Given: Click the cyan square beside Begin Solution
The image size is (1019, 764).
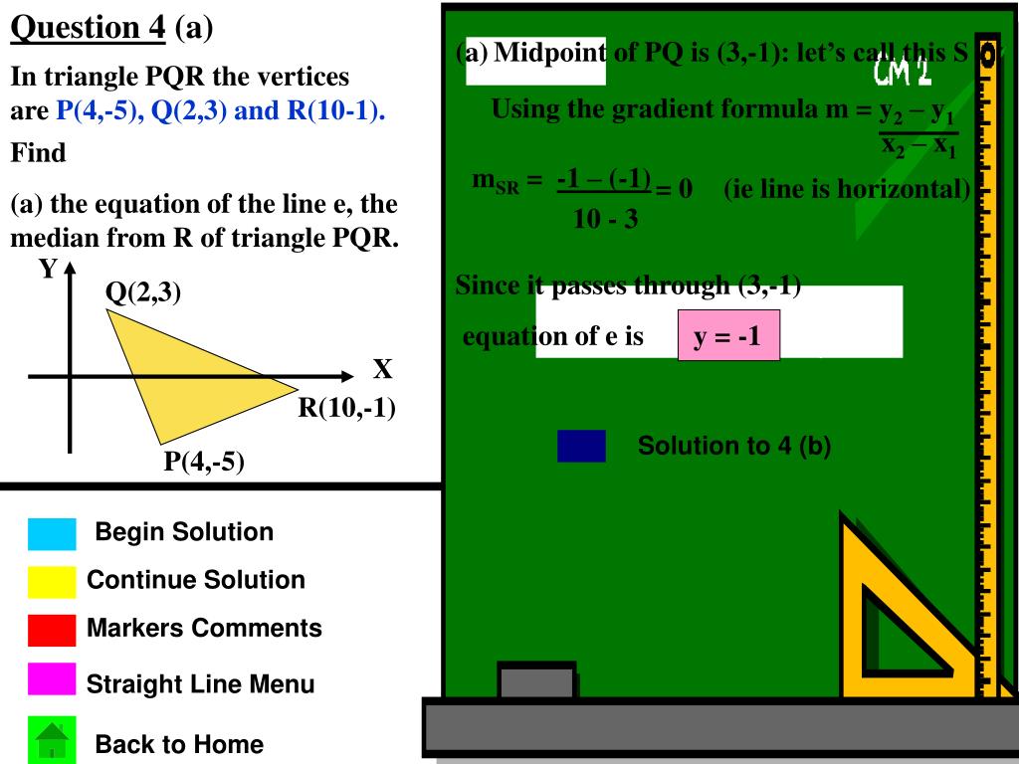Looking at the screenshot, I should pyautogui.click(x=52, y=534).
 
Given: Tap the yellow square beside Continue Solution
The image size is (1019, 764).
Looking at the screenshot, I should pyautogui.click(x=52, y=582).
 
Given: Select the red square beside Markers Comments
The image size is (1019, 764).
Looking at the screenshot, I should pyautogui.click(x=52, y=630).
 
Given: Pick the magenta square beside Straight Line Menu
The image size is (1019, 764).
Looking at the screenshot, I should pyautogui.click(x=52, y=680).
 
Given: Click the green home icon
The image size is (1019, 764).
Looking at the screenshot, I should pyautogui.click(x=52, y=741).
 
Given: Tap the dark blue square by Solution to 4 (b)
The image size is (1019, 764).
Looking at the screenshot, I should pyautogui.click(x=581, y=446).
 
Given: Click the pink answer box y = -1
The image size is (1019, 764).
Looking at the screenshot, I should pyautogui.click(x=727, y=336).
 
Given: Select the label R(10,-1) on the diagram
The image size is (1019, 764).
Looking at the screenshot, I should pyautogui.click(x=348, y=408).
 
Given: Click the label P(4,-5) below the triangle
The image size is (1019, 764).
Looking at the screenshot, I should pyautogui.click(x=205, y=463).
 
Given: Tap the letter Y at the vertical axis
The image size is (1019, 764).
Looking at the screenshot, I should pyautogui.click(x=48, y=270).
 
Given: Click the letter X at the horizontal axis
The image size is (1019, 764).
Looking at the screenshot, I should pyautogui.click(x=382, y=371).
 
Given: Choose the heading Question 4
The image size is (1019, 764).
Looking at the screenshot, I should pyautogui.click(x=88, y=27).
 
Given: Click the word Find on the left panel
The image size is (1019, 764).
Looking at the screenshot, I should pyautogui.click(x=39, y=153).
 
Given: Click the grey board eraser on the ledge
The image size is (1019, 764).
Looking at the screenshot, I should pyautogui.click(x=536, y=681).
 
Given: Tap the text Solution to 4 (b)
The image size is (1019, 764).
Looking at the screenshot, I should pyautogui.click(x=733, y=446).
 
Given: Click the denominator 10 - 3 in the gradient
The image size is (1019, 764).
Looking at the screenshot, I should pyautogui.click(x=605, y=219).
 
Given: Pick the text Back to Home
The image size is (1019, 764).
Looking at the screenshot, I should pyautogui.click(x=179, y=744).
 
